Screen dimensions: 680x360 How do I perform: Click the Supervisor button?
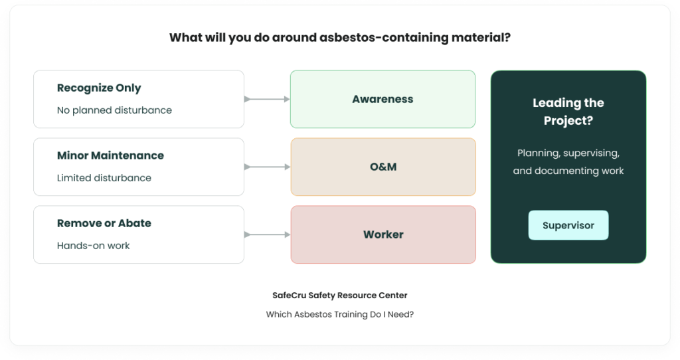click(x=568, y=225)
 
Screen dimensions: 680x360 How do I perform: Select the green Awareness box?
click(x=382, y=99)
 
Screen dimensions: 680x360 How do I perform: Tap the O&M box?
click(x=383, y=167)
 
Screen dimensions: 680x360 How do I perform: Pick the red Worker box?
click(x=383, y=234)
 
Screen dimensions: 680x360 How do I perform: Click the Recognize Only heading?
click(x=99, y=88)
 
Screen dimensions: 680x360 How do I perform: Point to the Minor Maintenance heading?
click(x=111, y=155)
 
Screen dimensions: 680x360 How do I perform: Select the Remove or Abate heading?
click(x=104, y=223)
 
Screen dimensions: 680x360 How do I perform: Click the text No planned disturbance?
click(x=114, y=110)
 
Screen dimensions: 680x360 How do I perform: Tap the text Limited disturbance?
click(x=104, y=178)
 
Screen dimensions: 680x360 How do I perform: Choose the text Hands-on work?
click(x=93, y=246)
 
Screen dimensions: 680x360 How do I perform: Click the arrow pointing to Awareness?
click(x=267, y=99)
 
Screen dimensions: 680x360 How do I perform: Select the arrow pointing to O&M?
click(x=267, y=167)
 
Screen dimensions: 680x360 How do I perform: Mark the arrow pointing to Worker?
click(x=267, y=234)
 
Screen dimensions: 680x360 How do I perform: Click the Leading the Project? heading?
click(x=568, y=112)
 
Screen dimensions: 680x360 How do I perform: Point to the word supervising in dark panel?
click(x=591, y=153)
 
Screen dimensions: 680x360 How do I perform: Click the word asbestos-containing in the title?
click(x=384, y=37)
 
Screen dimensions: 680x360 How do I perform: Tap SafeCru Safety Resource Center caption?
click(x=339, y=296)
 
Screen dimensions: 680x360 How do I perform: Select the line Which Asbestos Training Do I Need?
click(x=339, y=314)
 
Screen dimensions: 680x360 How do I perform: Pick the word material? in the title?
click(x=481, y=37)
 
